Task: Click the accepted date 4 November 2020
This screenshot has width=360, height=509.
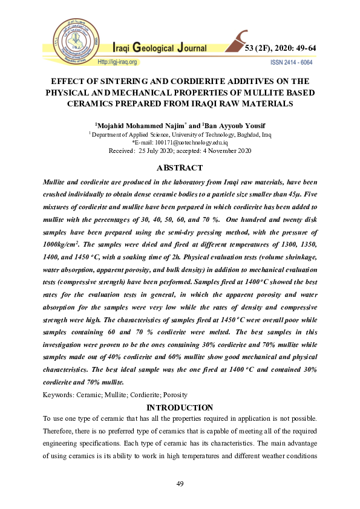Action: pos(217,151)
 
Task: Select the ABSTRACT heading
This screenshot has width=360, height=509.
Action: pos(180,167)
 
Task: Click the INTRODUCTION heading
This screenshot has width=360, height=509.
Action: pos(180,407)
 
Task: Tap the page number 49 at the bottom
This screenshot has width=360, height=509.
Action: pos(180,484)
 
